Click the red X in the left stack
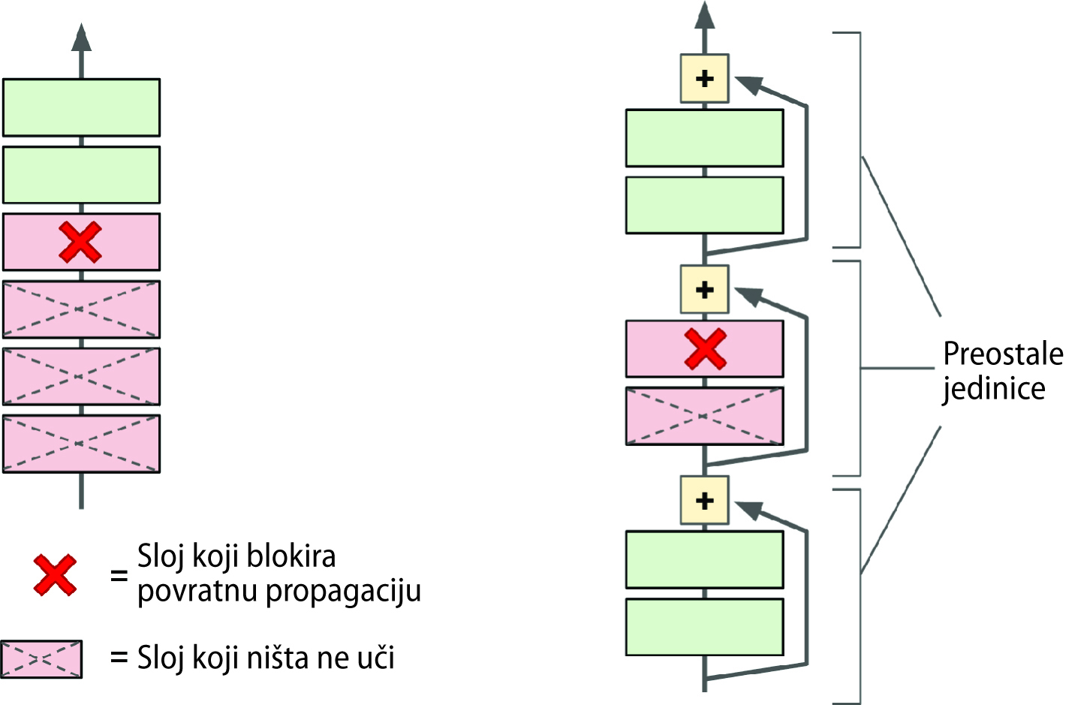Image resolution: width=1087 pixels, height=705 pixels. click(80, 242)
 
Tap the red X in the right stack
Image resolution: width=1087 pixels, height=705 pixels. click(705, 349)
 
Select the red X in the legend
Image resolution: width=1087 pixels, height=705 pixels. click(55, 576)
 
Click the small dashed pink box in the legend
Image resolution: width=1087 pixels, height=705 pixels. click(41, 659)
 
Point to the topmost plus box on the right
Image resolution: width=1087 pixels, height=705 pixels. click(704, 78)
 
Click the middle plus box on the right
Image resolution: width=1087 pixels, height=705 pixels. click(704, 290)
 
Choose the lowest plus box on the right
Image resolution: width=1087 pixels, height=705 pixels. click(704, 501)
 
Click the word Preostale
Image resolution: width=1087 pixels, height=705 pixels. click(1003, 354)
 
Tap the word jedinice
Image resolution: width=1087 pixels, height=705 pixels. click(994, 389)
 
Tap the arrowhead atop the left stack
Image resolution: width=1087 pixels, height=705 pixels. click(81, 38)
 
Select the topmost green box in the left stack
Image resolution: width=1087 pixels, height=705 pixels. click(81, 107)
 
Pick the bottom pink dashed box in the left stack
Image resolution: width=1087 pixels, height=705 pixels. click(81, 444)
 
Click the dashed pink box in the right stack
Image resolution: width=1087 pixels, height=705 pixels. click(704, 416)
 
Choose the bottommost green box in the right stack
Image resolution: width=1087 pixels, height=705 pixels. click(704, 627)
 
